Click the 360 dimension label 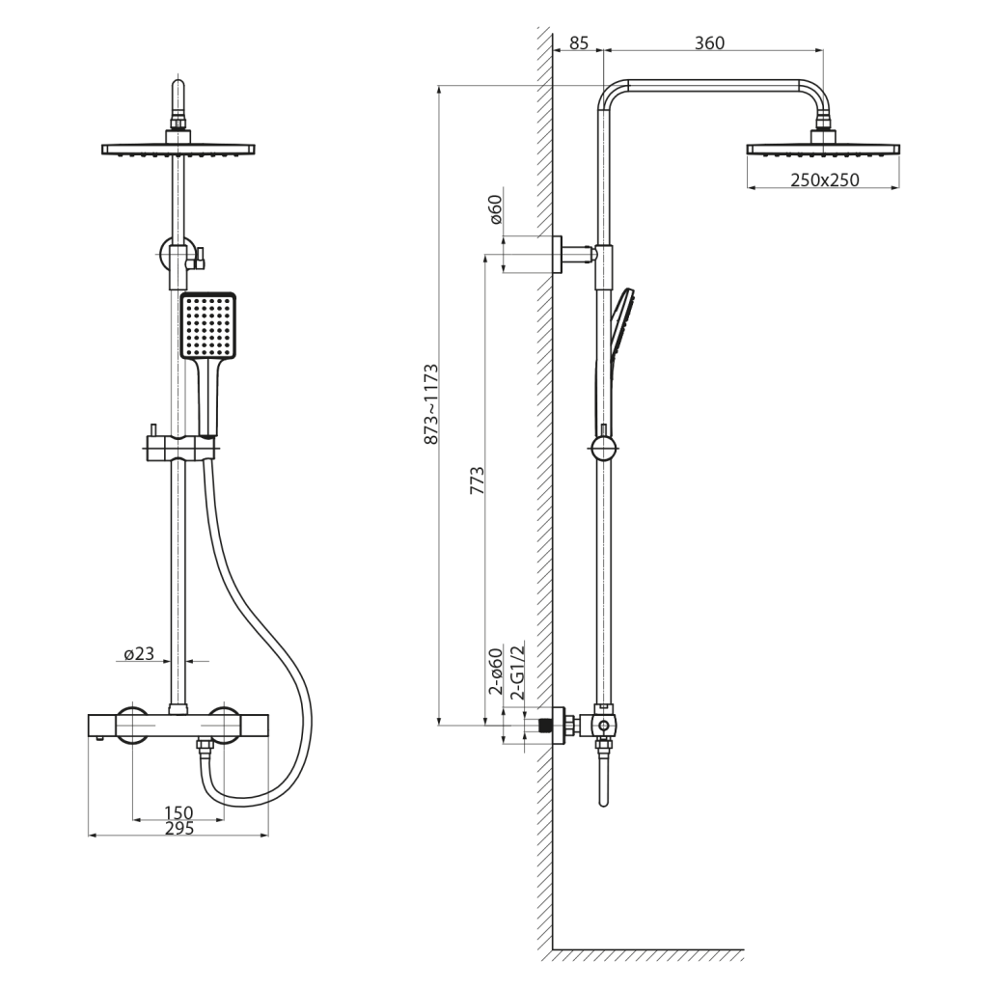coord(709,42)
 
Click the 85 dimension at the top coord(579,42)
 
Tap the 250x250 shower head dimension coord(823,180)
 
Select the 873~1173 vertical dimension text coord(431,404)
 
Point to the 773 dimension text coord(477,480)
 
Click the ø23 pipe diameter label coord(138,654)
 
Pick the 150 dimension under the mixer coord(178,812)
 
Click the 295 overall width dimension coord(178,828)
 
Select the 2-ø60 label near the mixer coord(495,672)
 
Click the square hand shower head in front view coord(206,326)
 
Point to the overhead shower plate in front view coord(178,150)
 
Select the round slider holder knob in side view coord(602,449)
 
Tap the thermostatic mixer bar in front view coord(178,726)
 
